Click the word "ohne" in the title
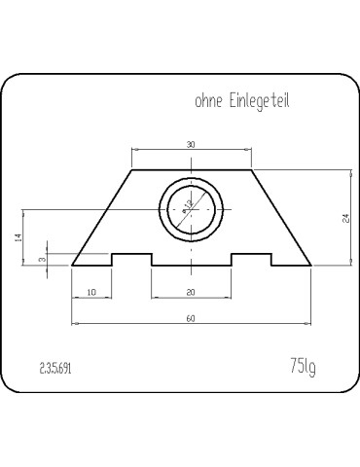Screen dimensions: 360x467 (208, 101)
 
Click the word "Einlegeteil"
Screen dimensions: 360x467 (260, 102)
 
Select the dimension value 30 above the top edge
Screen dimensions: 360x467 (191, 145)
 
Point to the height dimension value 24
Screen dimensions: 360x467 (346, 218)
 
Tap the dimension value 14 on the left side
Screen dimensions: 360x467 (18, 237)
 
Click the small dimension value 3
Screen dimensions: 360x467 (42, 260)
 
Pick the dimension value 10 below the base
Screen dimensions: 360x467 (91, 292)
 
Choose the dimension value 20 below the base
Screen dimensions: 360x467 (191, 292)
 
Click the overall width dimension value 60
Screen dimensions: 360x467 (191, 319)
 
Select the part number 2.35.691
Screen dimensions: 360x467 (55, 369)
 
